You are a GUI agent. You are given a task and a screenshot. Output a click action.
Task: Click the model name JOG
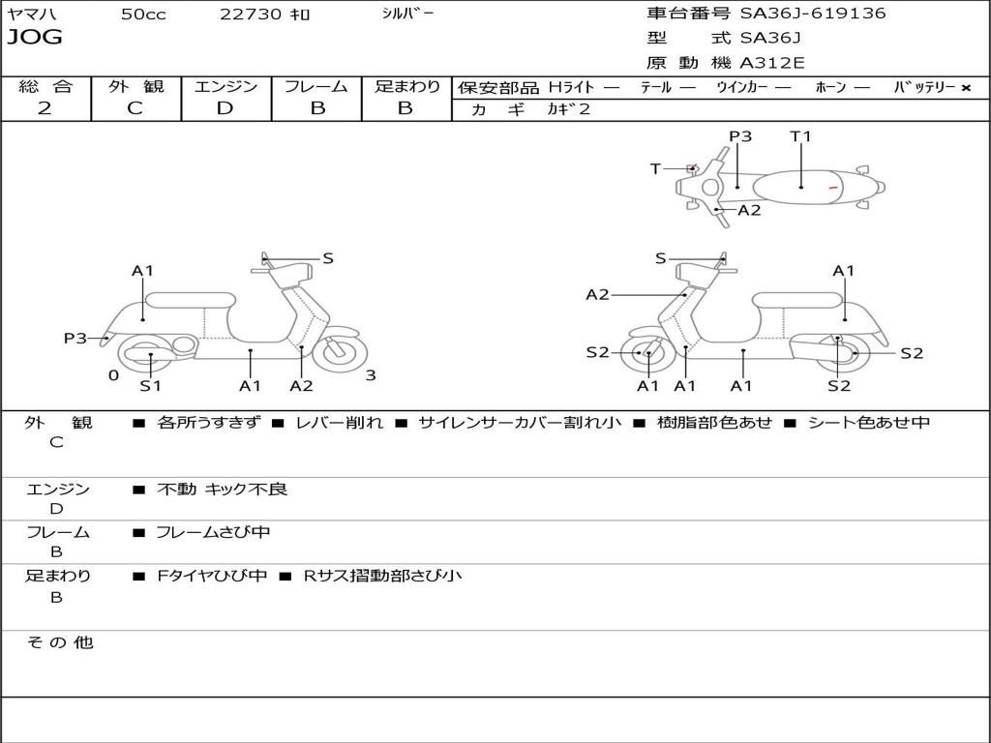coord(35,38)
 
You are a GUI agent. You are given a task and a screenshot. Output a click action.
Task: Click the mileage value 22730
coord(252,15)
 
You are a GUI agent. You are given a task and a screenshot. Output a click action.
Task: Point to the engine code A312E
coord(772,64)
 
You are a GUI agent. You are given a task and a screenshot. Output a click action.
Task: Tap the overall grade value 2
coord(45,108)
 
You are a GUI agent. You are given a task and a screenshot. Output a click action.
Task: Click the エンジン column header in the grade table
coord(225,86)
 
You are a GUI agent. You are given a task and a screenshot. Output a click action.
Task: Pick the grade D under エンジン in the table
coord(225,108)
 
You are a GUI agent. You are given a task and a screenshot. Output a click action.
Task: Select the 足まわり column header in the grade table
coord(407,86)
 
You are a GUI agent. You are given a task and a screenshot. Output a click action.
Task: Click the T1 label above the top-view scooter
coord(800,136)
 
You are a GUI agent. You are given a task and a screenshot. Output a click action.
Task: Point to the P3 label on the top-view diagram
coord(740,136)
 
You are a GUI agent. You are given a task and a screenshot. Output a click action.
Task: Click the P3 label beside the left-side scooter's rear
coord(75,338)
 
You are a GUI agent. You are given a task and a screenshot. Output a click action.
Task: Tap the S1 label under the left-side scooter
coord(150,386)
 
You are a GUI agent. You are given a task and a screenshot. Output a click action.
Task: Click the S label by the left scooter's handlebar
coord(328,258)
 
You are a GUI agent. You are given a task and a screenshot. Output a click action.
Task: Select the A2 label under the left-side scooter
coord(302,386)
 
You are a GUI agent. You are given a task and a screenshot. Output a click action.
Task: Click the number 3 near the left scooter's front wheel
coord(370,375)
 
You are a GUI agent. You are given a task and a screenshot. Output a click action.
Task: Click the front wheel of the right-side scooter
coord(646,354)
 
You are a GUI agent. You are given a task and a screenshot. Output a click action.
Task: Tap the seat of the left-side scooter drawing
coord(190,300)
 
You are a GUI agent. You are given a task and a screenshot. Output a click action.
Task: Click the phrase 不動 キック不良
coord(222,490)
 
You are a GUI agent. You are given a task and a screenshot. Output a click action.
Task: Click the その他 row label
coord(59,642)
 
